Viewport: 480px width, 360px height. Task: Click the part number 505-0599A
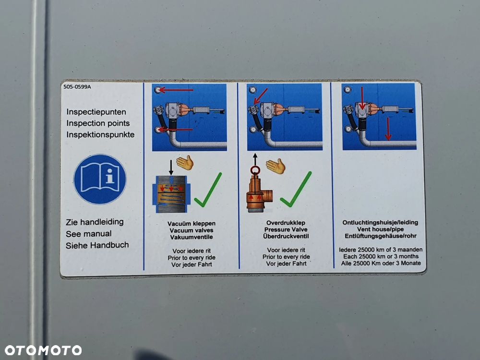77,86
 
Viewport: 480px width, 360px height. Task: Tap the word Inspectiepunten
96,112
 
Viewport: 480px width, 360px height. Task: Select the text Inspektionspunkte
100,135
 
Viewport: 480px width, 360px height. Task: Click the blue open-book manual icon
100,179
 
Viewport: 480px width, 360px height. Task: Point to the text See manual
88,234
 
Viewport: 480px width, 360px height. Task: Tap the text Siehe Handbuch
97,245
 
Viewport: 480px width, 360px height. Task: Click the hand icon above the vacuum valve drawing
185,163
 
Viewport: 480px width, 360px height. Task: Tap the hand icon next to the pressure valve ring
276,166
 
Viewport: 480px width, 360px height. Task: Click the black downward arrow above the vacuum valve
171,167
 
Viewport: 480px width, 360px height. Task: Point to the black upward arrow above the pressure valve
255,159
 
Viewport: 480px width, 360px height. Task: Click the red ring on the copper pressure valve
255,170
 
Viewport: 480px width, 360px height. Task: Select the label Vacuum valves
192,230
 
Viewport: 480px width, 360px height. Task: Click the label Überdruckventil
286,236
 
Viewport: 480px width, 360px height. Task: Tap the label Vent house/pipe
380,229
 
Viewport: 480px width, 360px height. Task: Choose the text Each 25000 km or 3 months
381,256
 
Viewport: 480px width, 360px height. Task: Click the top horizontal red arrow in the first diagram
176,90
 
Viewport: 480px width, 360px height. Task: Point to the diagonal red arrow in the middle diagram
261,96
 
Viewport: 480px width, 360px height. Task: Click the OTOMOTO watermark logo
43,350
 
